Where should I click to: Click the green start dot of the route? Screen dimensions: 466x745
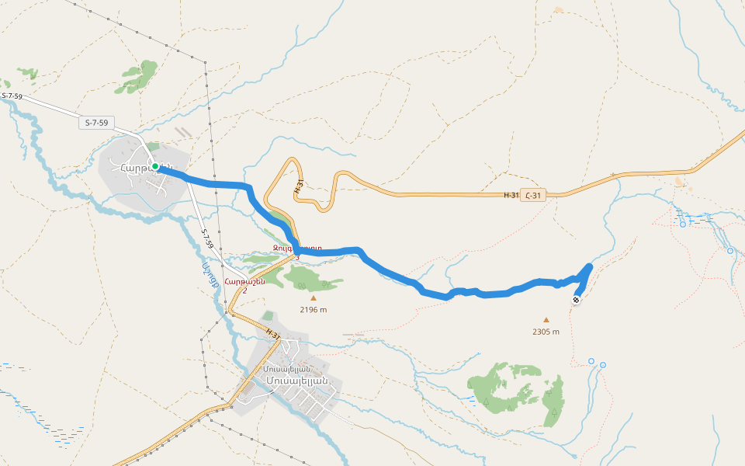(x=155, y=166)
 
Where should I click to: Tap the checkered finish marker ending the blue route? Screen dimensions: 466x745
(x=576, y=301)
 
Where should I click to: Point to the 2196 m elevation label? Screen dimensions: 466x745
(x=314, y=309)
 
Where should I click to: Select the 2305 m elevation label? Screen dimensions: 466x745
(x=546, y=332)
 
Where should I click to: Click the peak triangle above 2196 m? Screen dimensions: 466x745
(x=314, y=297)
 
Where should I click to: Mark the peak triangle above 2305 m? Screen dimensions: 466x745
(x=546, y=319)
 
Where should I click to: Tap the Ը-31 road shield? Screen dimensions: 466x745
(x=532, y=195)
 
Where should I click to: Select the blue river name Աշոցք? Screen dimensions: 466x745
(x=207, y=275)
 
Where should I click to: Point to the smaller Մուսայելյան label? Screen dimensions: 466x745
(x=287, y=369)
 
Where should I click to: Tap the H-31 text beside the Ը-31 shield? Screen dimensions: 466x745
(x=511, y=195)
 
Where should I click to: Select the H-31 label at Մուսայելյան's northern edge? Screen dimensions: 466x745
(x=272, y=332)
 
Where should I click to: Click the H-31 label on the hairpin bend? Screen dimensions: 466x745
(x=298, y=186)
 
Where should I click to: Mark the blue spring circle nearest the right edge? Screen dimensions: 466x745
(x=729, y=251)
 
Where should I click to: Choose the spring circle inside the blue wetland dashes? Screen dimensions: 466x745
(x=683, y=224)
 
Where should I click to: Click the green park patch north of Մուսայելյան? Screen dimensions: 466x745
(x=268, y=316)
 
